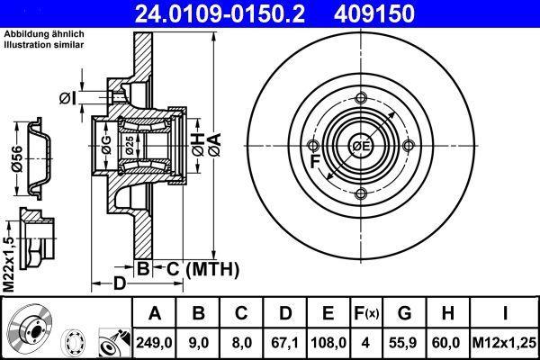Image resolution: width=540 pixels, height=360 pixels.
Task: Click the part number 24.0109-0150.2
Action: (x=220, y=13)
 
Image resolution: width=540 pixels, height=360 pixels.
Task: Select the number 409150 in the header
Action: (x=374, y=13)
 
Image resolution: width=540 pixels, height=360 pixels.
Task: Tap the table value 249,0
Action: (x=154, y=343)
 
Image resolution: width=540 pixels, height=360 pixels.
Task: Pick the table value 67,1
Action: (x=284, y=343)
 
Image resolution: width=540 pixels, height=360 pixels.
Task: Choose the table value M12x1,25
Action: (x=504, y=343)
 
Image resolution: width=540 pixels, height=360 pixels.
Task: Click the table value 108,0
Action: (x=328, y=343)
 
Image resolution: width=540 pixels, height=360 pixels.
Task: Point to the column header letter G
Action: (x=404, y=313)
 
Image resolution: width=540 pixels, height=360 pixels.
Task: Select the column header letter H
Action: (x=447, y=313)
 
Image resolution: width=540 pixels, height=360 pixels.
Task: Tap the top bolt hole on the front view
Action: (x=361, y=98)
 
